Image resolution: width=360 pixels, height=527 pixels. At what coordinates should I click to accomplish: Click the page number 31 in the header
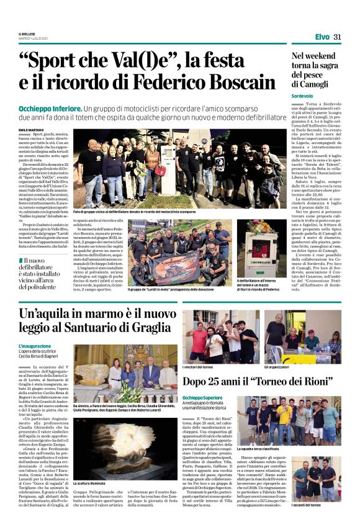click(x=338, y=37)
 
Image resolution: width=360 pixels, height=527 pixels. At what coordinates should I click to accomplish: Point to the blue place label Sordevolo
click(x=304, y=96)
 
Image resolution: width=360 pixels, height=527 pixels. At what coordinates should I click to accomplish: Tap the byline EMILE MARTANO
click(x=31, y=130)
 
